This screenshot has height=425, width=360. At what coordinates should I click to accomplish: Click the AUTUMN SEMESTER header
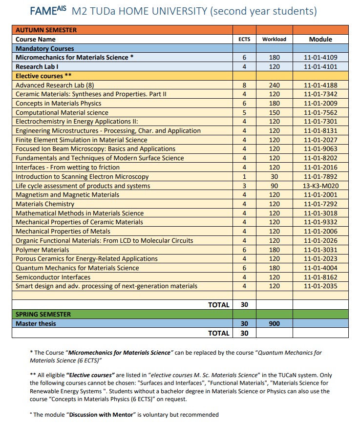[x=46, y=30]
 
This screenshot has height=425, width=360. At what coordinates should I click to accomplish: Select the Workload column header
[x=274, y=39]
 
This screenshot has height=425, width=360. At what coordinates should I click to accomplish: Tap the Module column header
[x=320, y=39]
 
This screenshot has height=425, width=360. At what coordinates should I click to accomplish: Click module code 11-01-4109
[x=320, y=58]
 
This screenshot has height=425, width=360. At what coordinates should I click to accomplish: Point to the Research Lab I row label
[x=37, y=66]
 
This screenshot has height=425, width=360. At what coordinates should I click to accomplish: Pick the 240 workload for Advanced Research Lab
[x=274, y=85]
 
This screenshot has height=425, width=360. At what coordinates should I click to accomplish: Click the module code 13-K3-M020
[x=320, y=186]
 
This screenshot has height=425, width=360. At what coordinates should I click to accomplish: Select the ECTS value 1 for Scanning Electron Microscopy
[x=244, y=176]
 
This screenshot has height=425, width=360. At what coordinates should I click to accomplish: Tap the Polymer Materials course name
[x=42, y=250]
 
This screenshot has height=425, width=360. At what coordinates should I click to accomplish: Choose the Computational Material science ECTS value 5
[x=244, y=112]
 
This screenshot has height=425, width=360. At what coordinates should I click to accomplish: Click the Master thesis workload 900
[x=274, y=323]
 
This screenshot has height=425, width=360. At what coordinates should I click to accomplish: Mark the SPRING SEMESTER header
[x=43, y=314]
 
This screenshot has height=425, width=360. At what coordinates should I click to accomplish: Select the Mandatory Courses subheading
[x=45, y=48]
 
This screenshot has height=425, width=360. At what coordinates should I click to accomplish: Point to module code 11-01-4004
[x=320, y=268]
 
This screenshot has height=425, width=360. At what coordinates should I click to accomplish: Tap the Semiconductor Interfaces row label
[x=53, y=277]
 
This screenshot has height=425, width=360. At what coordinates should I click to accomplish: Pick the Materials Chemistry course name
[x=45, y=204]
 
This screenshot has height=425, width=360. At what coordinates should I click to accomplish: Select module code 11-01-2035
[x=320, y=286]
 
